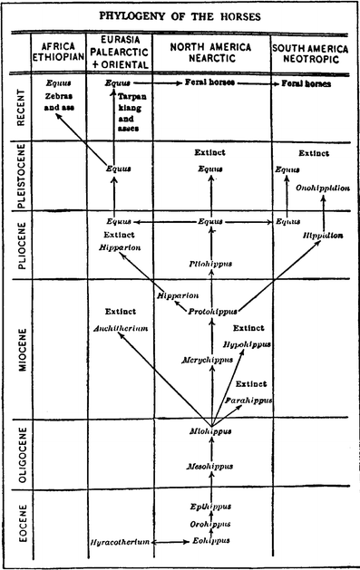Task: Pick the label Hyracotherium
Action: pos(120,542)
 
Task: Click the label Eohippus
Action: pos(210,542)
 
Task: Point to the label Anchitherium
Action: pos(121,328)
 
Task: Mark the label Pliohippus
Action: pos(210,264)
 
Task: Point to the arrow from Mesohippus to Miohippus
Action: pos(210,448)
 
